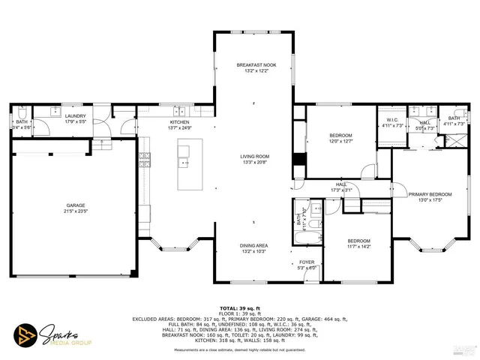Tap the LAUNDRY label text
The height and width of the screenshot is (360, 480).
76,116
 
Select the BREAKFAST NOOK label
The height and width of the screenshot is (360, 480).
256,65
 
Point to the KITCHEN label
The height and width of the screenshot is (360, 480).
180,122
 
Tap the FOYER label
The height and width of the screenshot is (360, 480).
306,262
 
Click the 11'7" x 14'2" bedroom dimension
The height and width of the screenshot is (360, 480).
358,246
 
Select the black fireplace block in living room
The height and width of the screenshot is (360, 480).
299,163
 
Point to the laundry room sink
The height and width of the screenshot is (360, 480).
55,111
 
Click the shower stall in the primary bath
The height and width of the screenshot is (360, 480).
455,140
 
